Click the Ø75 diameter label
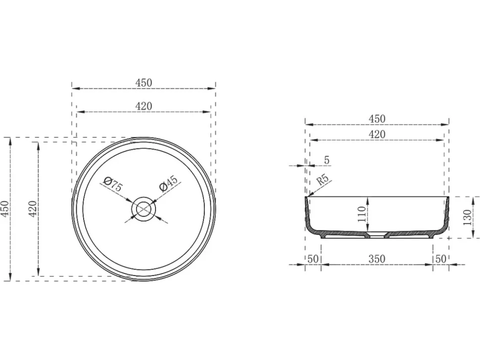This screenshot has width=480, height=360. (x=113, y=183)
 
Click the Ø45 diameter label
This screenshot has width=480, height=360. (x=168, y=183)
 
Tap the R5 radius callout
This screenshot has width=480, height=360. (x=323, y=180)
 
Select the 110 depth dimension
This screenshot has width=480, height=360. (x=362, y=214)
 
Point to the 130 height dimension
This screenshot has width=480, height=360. (x=468, y=217)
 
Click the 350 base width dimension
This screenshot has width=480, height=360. (x=377, y=259)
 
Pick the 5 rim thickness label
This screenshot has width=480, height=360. (x=327, y=160)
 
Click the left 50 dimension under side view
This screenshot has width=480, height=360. (x=313, y=259)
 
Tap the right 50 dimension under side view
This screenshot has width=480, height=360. (x=440, y=259)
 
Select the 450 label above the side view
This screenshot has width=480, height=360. (x=377, y=119)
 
